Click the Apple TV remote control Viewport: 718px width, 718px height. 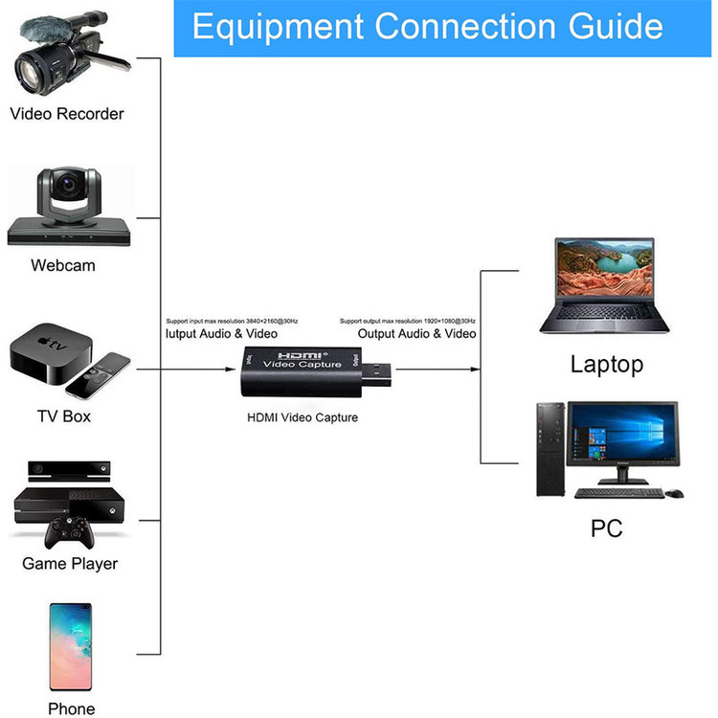100,374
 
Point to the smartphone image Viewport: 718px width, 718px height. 71,648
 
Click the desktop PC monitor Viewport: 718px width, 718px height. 621,440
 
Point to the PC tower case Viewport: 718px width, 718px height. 550,449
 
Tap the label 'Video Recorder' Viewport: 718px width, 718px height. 67,114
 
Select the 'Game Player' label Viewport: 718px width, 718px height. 70,564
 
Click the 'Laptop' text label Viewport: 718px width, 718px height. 607,364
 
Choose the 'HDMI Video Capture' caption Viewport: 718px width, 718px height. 303,417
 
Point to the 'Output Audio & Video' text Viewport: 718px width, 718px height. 416,334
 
